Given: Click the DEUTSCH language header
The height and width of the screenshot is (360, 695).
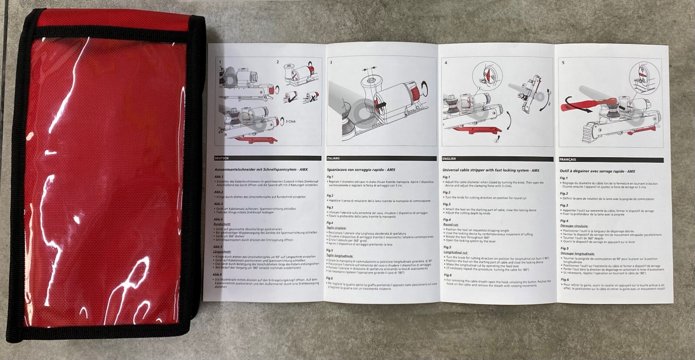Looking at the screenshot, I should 222,158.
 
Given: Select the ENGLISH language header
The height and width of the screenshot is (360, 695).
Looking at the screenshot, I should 449,159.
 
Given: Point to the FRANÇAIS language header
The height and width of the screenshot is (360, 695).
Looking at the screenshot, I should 568,159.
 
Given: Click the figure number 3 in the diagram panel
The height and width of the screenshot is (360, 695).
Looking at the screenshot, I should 331,62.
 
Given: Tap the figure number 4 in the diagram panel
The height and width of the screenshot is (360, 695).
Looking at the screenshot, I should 446,63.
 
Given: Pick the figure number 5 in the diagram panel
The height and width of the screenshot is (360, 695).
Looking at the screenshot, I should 563,63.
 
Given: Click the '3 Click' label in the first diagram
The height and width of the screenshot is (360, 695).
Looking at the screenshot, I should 291,121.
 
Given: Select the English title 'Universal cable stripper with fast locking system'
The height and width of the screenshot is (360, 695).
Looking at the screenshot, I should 491,170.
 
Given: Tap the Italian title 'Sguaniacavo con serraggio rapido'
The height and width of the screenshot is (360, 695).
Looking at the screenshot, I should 361,170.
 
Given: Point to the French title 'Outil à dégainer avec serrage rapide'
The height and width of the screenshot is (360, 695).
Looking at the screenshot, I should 597,172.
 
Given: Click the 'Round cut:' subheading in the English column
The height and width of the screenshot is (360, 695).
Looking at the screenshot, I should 451,225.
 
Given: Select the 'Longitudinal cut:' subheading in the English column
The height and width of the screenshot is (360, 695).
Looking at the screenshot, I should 455,252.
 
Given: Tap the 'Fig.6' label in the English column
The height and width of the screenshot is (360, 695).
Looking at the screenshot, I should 447,275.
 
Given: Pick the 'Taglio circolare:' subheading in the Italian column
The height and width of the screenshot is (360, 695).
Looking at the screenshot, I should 337,228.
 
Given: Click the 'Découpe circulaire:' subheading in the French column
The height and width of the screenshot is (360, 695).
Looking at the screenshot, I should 574,226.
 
